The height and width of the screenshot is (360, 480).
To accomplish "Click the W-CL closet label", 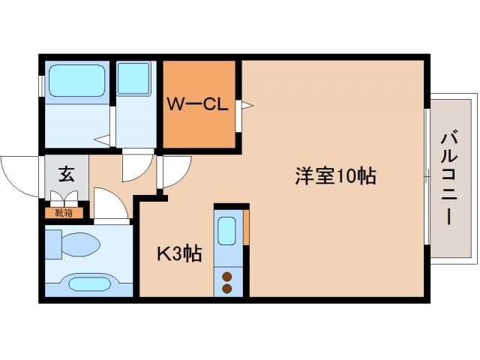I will click(196, 106).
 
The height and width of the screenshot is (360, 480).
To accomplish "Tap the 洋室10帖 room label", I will click(334, 178).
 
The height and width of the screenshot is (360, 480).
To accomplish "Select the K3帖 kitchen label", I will click(178, 254).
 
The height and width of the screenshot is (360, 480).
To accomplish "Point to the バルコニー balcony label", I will click(450, 178).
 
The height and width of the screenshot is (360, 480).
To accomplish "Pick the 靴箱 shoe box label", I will click(64, 211).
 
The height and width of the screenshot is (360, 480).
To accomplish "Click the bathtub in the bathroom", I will click(76, 81).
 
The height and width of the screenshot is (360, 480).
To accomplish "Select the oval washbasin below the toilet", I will click(88, 283).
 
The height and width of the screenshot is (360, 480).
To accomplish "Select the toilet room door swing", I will click(109, 204).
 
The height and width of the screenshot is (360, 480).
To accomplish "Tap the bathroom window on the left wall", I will click(41, 85).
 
